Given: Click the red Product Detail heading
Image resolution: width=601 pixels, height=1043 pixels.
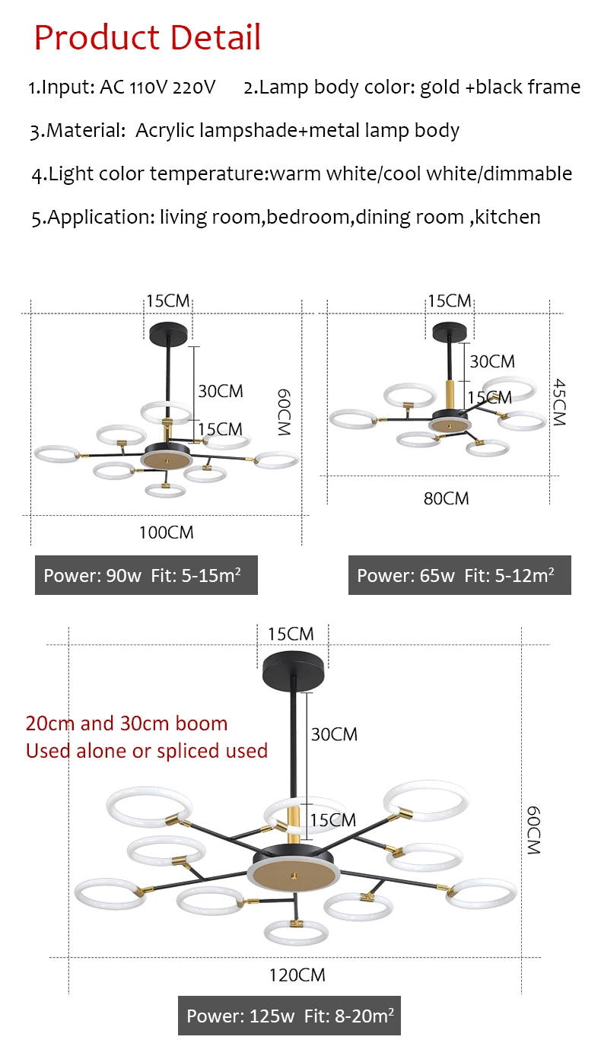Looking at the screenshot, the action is coord(148,37).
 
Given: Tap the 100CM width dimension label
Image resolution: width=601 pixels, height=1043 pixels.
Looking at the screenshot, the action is coord(166,533).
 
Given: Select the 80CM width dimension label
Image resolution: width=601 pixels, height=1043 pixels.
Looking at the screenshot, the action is coord(446,499).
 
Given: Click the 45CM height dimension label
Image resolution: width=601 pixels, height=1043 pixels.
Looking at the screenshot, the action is coord(559,402).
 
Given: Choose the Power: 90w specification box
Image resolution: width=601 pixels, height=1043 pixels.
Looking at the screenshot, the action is coord(146,575).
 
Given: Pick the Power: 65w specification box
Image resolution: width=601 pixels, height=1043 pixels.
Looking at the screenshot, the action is coord(459,575).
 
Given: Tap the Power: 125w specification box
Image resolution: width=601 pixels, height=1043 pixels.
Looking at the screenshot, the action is coord(290,1015).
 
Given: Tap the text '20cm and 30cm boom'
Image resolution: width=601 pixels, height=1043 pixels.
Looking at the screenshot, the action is coord(126,723).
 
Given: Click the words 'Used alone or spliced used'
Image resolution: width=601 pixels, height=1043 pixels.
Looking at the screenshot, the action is coord(147,751).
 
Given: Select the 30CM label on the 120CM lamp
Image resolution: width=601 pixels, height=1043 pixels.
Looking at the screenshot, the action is coord(334,734).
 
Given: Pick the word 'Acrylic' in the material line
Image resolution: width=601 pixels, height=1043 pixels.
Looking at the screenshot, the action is coord(164,131).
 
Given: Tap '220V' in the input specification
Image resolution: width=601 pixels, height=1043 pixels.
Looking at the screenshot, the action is coord(194,87).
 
